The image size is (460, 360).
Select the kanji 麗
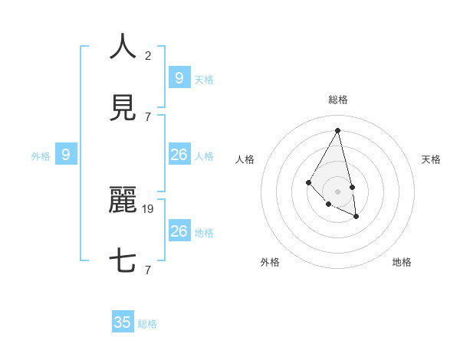123,200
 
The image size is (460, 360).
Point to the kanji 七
123,261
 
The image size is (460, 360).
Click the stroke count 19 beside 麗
149,208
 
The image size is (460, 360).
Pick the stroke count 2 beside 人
148,55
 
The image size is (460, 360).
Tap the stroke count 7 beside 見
148,116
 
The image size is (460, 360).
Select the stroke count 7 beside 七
148,270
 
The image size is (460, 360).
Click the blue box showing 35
123,322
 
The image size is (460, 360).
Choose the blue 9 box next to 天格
179,77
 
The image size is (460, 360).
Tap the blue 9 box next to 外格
66,155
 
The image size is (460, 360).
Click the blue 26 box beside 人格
179,155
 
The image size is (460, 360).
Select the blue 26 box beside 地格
179,231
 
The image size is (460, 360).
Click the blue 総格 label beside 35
148,324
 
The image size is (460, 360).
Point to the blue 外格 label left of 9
41,156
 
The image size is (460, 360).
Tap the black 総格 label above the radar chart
338,100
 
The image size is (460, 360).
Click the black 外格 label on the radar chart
270,262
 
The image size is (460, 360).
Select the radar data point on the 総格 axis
338,130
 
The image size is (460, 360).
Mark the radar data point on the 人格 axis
308,182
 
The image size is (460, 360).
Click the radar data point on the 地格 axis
356,217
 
